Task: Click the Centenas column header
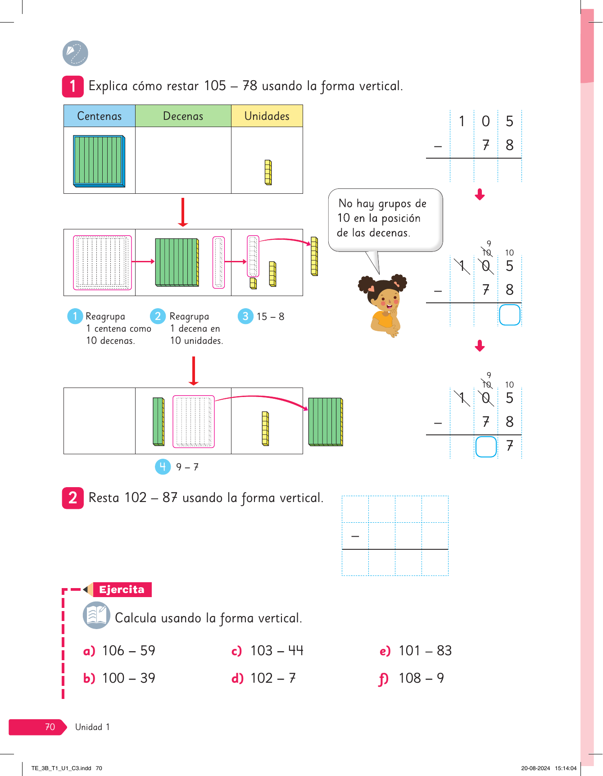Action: click(x=100, y=116)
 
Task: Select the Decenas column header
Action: click(x=183, y=116)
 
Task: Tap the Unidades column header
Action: click(x=267, y=116)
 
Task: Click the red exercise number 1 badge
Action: click(x=73, y=86)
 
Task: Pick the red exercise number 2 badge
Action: click(x=73, y=498)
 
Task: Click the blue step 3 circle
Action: click(x=245, y=316)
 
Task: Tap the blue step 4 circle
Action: click(x=163, y=466)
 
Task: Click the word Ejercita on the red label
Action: click(x=122, y=589)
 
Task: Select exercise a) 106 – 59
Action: click(x=120, y=651)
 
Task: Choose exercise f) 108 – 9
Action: click(x=412, y=678)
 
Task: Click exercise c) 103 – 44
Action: click(x=267, y=651)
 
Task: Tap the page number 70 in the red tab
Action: click(x=50, y=727)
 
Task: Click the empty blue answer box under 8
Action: click(x=509, y=315)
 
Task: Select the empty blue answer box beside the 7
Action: click(x=486, y=447)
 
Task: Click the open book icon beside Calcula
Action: click(x=96, y=615)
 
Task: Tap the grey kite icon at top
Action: click(x=75, y=53)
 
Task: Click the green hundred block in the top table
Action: click(x=99, y=161)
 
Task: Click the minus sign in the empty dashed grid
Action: click(x=355, y=536)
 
